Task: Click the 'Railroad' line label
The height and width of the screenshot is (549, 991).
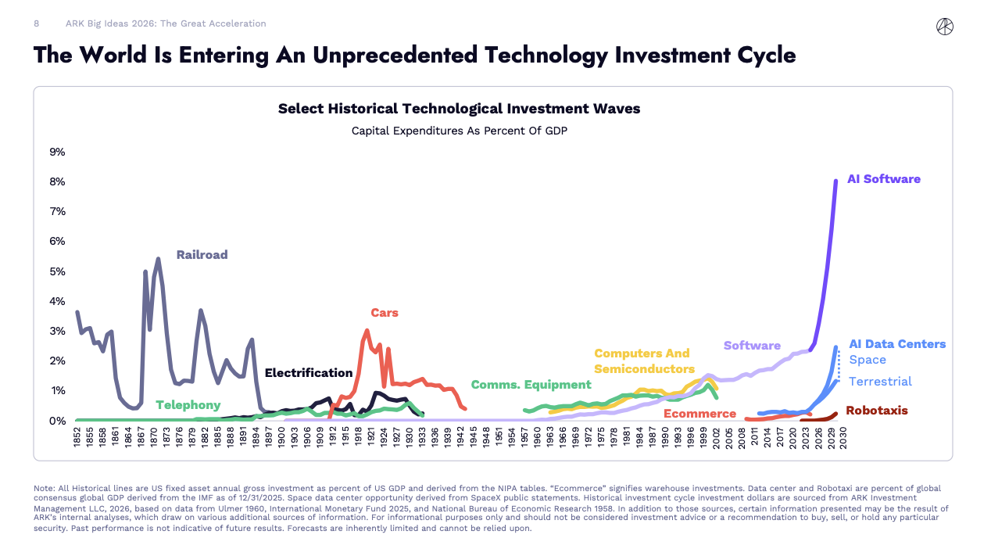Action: (x=202, y=255)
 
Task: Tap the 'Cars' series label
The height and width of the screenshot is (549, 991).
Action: (x=384, y=313)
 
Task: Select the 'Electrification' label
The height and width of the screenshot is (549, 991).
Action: (x=309, y=373)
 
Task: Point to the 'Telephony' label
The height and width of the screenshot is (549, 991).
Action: (x=188, y=405)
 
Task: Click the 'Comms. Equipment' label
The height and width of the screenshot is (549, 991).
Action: (x=531, y=385)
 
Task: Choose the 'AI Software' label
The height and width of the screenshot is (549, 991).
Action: (x=883, y=179)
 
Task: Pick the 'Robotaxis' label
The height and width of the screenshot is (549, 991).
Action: (x=876, y=411)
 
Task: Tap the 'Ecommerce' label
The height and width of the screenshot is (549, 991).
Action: (x=699, y=414)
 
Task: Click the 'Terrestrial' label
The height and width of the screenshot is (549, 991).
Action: (x=880, y=382)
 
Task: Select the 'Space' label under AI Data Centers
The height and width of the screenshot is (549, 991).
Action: (x=867, y=360)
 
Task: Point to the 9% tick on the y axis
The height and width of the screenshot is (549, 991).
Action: (x=57, y=152)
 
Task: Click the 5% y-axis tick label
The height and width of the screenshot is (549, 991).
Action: (x=57, y=271)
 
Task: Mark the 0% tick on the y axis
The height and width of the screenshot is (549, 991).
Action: (x=57, y=421)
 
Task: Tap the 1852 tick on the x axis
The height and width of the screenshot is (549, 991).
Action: (x=77, y=436)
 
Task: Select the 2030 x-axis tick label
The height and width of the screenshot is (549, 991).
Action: (x=842, y=436)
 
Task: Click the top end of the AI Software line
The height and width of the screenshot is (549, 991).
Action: (x=835, y=181)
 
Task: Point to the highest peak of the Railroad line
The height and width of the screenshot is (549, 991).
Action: (x=158, y=259)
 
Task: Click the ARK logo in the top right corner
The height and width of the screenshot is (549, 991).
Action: (x=944, y=27)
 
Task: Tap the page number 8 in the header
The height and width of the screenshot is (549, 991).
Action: (x=36, y=23)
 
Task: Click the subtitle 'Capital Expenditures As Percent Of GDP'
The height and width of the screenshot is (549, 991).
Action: (x=459, y=131)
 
